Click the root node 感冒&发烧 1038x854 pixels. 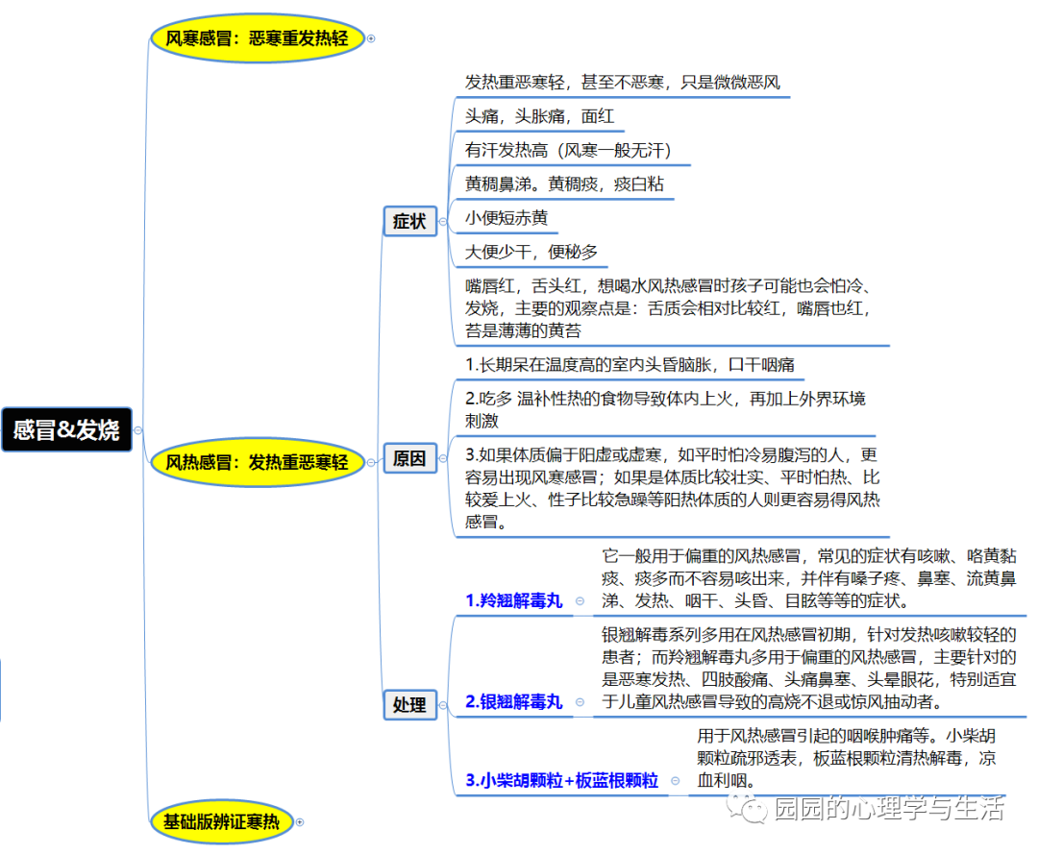pyautogui.click(x=66, y=429)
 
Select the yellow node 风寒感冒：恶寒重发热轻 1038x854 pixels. pyautogui.click(x=257, y=38)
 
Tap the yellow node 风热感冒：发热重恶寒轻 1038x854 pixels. pyautogui.click(x=257, y=462)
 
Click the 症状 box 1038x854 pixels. pyautogui.click(x=408, y=221)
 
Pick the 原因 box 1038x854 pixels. pyautogui.click(x=408, y=459)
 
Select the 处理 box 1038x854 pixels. pyautogui.click(x=408, y=704)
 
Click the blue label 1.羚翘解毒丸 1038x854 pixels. pyautogui.click(x=513, y=601)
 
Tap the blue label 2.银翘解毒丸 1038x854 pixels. pyautogui.click(x=513, y=702)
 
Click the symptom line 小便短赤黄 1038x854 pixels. pyautogui.click(x=507, y=218)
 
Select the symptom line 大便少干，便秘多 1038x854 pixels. pyautogui.click(x=531, y=252)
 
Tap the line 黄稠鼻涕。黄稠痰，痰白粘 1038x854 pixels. pyautogui.click(x=564, y=183)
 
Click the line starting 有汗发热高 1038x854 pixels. pyautogui.click(x=567, y=150)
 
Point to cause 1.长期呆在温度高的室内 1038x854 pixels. pyautogui.click(x=630, y=366)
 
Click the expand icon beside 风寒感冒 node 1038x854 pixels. pyautogui.click(x=371, y=39)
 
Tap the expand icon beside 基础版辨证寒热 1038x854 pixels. pyautogui.click(x=300, y=822)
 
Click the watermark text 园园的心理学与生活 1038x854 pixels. pyautogui.click(x=889, y=809)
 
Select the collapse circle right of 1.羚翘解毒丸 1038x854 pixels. pyautogui.click(x=580, y=601)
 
